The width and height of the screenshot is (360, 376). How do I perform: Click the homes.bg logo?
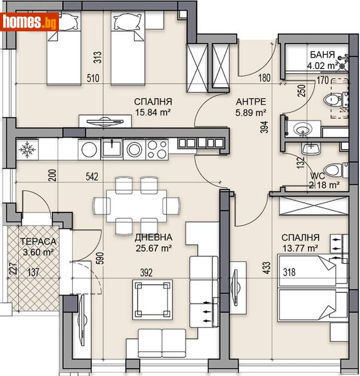tap(29, 22)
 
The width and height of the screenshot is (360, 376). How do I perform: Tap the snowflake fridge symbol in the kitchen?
tap(27, 149)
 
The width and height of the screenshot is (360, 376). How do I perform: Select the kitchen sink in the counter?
tap(112, 149)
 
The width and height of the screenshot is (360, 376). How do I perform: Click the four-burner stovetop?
tap(157, 149)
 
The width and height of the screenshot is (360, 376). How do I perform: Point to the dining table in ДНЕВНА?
tap(136, 206)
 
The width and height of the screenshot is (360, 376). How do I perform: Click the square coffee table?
tap(152, 300)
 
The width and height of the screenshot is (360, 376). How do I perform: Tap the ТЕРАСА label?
tap(38, 241)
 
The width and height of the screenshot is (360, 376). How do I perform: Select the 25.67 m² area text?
tap(154, 248)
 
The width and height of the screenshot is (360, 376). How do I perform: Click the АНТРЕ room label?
tap(251, 102)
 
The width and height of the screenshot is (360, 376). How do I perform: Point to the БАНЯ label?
tap(322, 55)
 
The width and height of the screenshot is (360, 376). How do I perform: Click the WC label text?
tap(317, 175)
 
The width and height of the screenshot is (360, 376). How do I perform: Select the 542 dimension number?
tap(92, 177)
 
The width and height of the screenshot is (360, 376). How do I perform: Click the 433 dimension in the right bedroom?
tap(267, 268)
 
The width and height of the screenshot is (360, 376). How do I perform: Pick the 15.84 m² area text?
tap(153, 112)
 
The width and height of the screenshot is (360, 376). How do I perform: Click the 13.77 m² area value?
tap(300, 248)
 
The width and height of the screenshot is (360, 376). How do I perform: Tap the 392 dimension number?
tap(146, 273)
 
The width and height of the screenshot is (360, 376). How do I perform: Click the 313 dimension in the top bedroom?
tap(98, 57)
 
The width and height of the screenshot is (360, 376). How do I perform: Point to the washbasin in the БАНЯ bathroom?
tap(304, 130)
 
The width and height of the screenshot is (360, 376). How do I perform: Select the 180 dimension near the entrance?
tap(265, 78)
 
